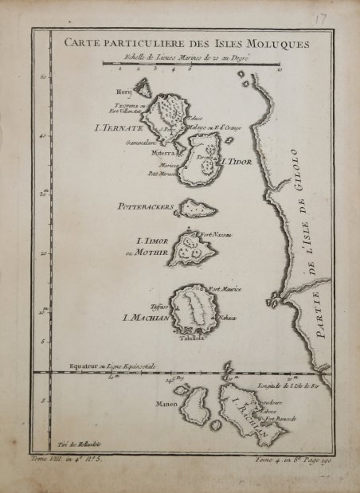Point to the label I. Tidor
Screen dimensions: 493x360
pos(237,161)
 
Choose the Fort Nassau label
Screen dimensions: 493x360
pos(215,233)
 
